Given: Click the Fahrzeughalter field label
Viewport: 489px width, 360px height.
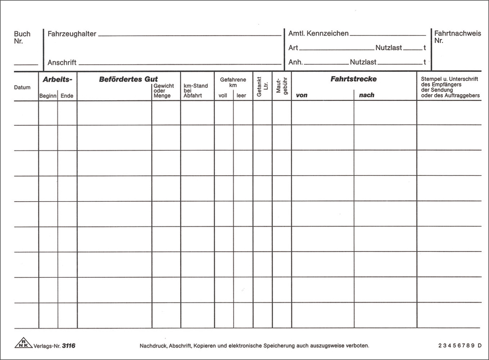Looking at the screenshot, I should [71, 34].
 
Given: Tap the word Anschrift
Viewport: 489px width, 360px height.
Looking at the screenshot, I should [62, 63].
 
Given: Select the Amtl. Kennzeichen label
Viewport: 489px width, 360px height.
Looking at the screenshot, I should [318, 34].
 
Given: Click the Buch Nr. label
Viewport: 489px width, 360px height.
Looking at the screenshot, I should [22, 37].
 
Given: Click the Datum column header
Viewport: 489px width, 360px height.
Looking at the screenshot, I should [22, 87].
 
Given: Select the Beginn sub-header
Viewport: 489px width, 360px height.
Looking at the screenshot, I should [48, 96].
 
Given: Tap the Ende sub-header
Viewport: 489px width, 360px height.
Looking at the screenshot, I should [67, 96].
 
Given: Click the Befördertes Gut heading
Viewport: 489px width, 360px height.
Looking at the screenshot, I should [128, 80].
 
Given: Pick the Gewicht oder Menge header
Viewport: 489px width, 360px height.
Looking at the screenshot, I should [164, 91].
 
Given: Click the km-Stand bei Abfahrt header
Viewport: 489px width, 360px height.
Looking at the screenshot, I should [195, 91].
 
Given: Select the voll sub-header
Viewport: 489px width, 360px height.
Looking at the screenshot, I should [223, 96].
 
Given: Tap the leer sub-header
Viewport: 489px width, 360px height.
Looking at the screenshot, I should [242, 96].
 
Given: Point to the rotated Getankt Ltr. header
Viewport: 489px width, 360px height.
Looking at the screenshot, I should [262, 87].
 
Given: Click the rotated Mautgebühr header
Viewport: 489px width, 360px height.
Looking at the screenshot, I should [281, 87].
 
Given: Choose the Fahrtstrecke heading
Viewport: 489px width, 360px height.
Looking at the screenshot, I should [353, 79].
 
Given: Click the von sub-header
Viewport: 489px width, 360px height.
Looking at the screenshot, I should [302, 95].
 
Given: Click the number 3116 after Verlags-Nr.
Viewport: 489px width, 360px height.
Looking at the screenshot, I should [69, 345].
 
